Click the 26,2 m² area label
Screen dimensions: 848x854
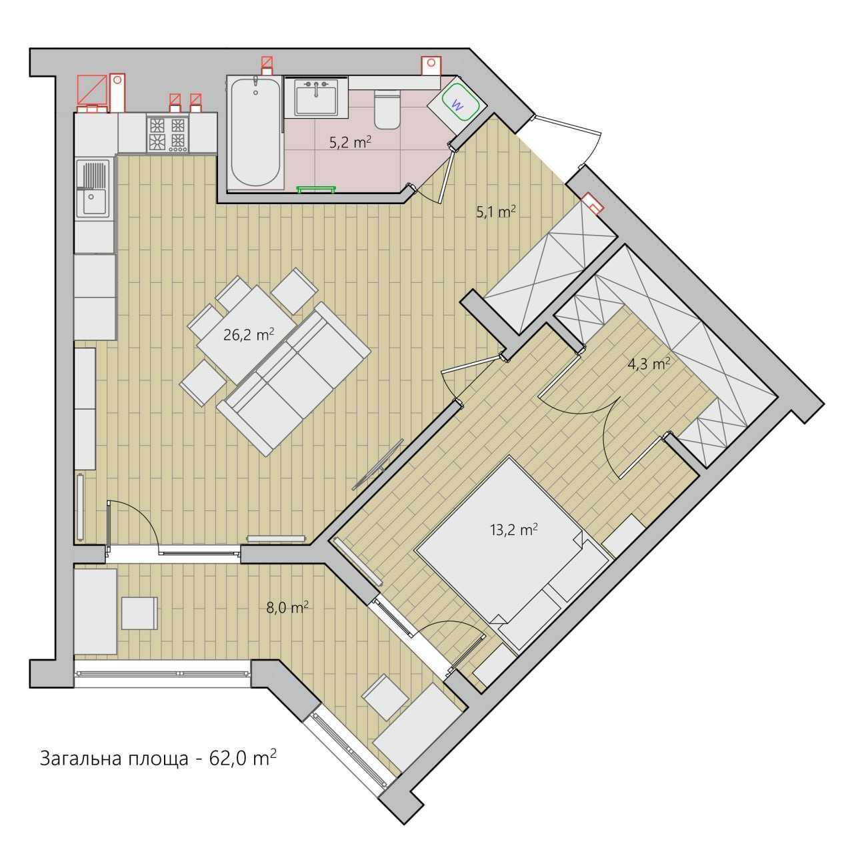[249, 334]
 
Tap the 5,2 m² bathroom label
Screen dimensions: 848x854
[350, 142]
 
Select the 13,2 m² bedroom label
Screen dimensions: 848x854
[514, 530]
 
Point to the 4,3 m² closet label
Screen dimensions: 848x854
[649, 364]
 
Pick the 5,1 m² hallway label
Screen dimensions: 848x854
[496, 212]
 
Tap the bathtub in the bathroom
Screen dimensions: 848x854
[255, 133]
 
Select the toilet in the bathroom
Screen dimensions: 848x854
[387, 109]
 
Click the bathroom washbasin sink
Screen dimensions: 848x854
[316, 97]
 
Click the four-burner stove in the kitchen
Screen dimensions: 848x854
[167, 135]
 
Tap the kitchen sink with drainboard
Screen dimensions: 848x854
[93, 189]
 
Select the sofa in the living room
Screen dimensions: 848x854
[294, 380]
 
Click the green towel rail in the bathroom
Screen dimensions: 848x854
[316, 189]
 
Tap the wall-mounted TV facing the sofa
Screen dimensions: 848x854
[378, 464]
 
